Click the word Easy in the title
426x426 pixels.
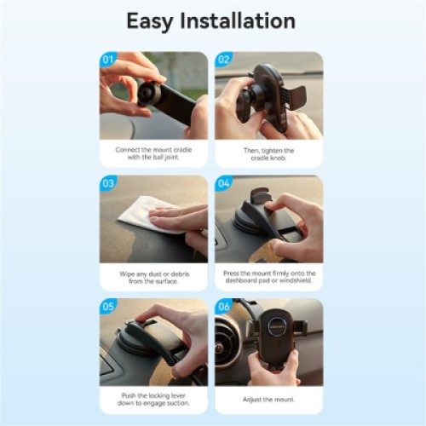pyautogui.click(x=154, y=21)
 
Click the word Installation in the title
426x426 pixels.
pyautogui.click(x=241, y=21)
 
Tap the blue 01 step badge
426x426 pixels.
pyautogui.click(x=108, y=60)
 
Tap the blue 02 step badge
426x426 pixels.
pyautogui.click(x=223, y=60)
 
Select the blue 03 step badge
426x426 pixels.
pyautogui.click(x=108, y=183)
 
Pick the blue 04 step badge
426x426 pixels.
pyautogui.click(x=223, y=183)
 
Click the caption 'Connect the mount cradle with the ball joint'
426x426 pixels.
pyautogui.click(x=153, y=153)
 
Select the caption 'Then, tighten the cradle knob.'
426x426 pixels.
pyautogui.click(x=269, y=153)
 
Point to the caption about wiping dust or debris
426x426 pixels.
pyautogui.click(x=153, y=276)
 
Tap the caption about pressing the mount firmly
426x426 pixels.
pyautogui.click(x=269, y=276)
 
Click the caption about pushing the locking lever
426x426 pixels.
pyautogui.click(x=153, y=399)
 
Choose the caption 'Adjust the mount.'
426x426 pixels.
pyautogui.click(x=269, y=399)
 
